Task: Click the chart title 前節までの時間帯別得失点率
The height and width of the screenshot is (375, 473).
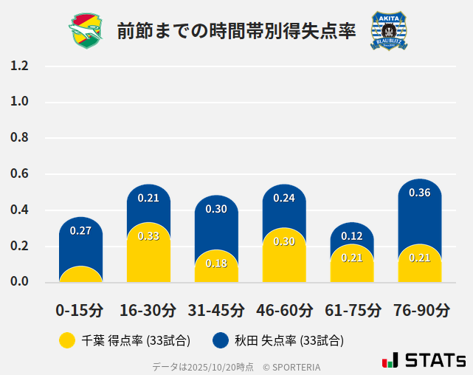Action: (236, 31)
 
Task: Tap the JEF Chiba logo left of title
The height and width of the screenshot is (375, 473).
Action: (87, 31)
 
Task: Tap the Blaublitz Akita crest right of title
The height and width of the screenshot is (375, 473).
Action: (388, 31)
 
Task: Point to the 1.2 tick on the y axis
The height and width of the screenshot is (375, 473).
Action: (19, 66)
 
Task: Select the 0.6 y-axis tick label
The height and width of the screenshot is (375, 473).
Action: (19, 174)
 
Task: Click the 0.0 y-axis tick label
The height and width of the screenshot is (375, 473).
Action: (19, 282)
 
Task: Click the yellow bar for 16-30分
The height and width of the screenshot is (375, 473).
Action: (148, 255)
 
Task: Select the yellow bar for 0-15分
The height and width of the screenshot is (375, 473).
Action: (80, 275)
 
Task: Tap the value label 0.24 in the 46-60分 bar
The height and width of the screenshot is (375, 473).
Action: (284, 198)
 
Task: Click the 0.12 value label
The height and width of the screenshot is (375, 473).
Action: (352, 236)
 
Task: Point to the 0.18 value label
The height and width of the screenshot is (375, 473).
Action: (216, 264)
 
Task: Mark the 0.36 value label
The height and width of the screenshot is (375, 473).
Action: (419, 193)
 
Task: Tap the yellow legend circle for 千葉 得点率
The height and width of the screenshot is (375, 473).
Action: (67, 340)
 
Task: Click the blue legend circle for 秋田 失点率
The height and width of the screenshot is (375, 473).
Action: (220, 340)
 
